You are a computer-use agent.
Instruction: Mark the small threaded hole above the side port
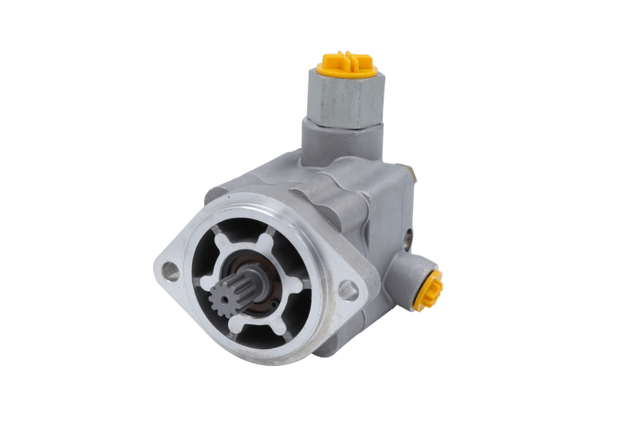pos(408,236)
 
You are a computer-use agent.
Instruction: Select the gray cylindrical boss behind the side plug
pos(415,275)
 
